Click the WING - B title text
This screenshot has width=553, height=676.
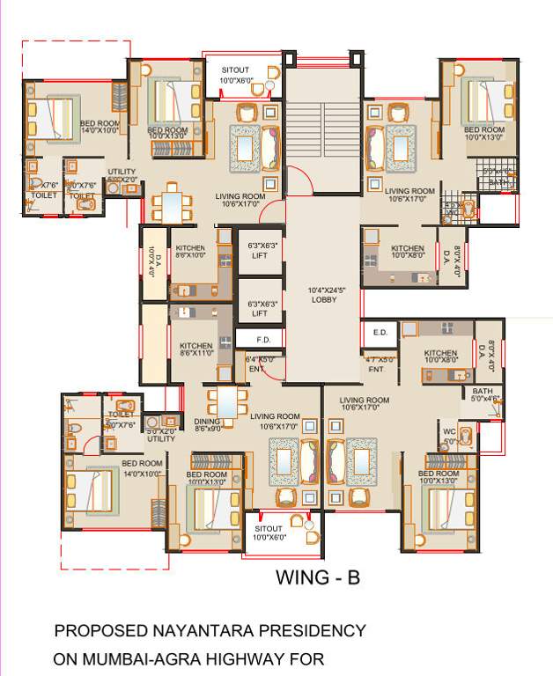[318, 578]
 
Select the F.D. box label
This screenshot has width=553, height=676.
[262, 338]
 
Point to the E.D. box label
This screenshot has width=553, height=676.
[380, 333]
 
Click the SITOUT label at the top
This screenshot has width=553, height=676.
[236, 69]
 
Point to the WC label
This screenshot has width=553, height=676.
[448, 431]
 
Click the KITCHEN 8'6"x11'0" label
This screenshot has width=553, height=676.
[196, 346]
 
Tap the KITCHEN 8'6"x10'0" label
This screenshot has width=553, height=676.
[191, 249]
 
